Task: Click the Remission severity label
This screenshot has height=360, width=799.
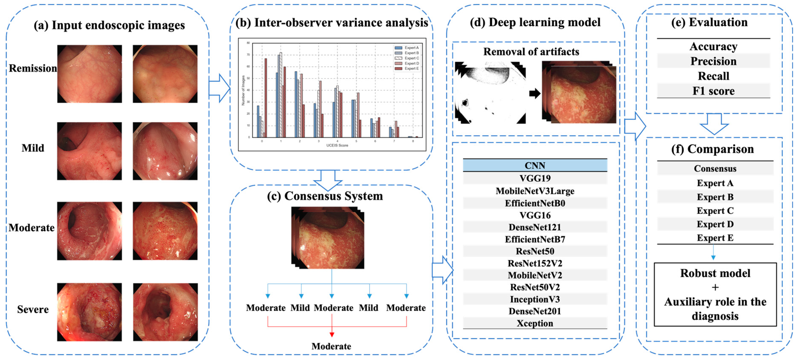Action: click(x=32, y=68)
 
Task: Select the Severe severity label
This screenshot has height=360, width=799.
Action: click(x=33, y=310)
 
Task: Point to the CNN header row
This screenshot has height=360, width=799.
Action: click(x=535, y=166)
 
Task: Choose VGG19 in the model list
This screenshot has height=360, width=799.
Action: click(x=535, y=178)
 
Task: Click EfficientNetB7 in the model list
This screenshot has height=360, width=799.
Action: click(x=535, y=239)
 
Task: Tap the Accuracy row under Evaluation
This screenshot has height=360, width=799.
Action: click(x=713, y=46)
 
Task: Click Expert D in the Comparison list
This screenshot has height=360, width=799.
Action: click(x=715, y=224)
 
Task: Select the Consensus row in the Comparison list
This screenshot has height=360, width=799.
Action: click(x=715, y=169)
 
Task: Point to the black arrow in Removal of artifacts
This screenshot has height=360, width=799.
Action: click(x=535, y=93)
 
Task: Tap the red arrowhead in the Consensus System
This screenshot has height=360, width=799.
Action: click(x=332, y=335)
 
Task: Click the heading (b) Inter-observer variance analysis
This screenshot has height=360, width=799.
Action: click(x=332, y=23)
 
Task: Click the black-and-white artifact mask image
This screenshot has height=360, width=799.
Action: click(x=490, y=92)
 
